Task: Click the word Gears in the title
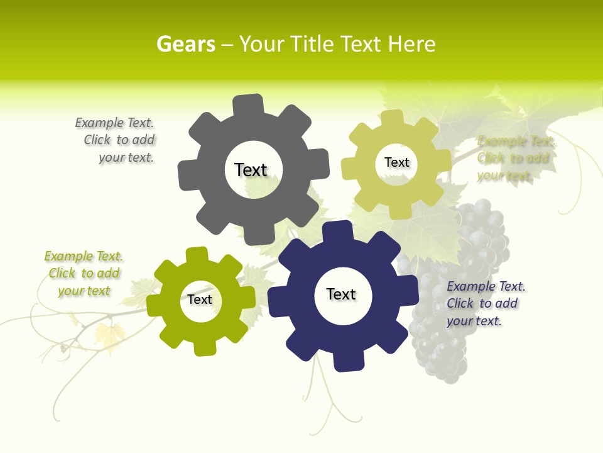185,44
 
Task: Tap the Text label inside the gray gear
251,170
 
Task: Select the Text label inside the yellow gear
396,162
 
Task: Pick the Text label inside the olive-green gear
200,299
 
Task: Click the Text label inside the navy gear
341,294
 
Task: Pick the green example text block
84,273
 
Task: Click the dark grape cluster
459,296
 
